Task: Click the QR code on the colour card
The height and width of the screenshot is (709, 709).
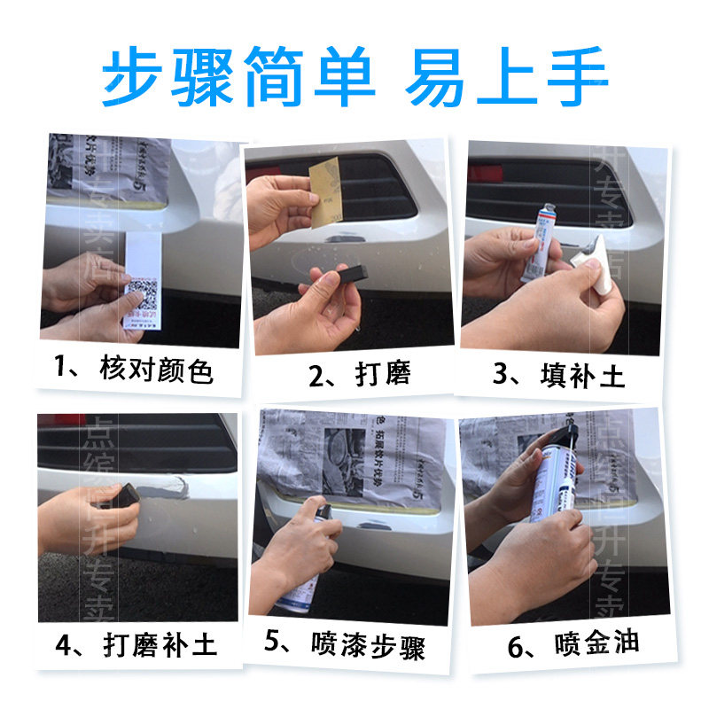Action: tap(141, 294)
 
